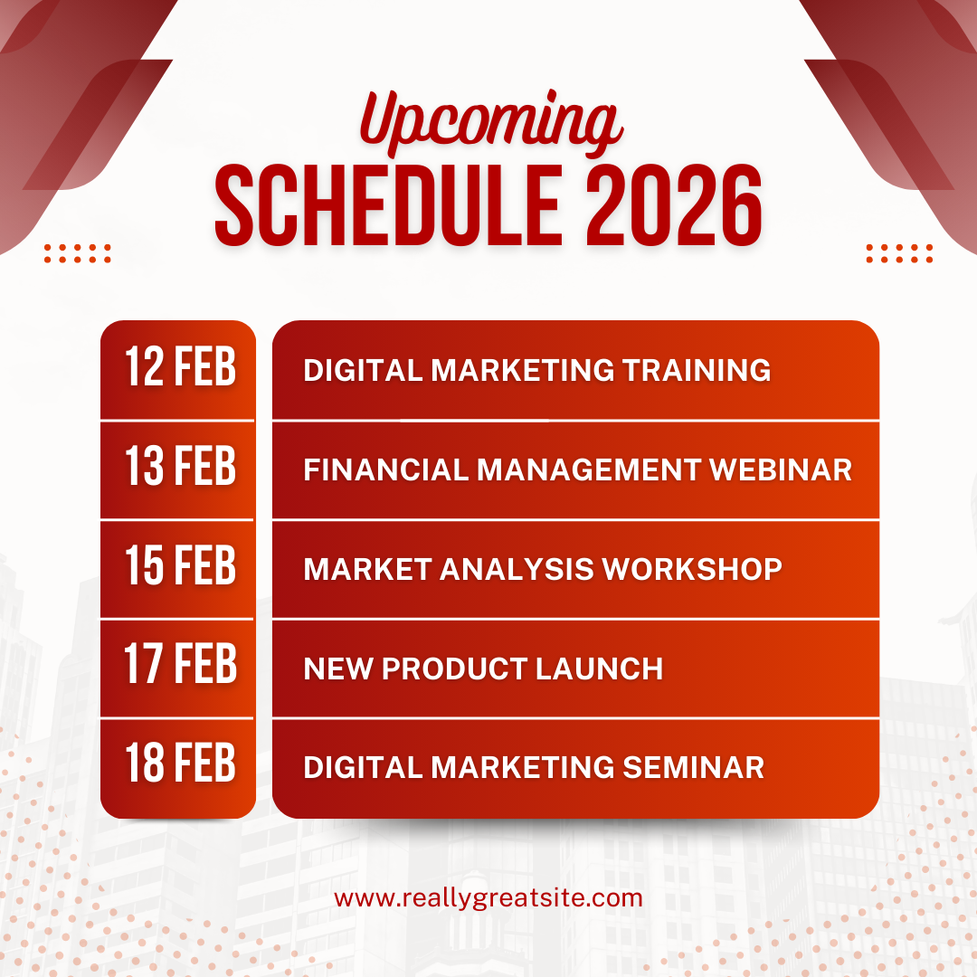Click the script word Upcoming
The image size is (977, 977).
491,121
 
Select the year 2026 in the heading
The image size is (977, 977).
674,205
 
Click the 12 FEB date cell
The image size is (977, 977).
178,370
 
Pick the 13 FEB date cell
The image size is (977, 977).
178,470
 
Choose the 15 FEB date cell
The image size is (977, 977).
178,570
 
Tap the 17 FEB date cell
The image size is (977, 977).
178,669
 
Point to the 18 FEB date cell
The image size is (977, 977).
178,768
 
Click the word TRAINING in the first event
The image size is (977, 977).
697,370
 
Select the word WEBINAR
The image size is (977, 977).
781,470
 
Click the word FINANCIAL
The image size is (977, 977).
385,470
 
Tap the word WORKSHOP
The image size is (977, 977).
692,569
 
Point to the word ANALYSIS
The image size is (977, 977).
517,569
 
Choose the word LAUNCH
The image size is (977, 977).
600,669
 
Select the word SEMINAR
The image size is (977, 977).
694,768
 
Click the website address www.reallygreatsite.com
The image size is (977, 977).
488,899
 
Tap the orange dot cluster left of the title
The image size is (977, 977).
77,253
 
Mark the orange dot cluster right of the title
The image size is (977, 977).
899,253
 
